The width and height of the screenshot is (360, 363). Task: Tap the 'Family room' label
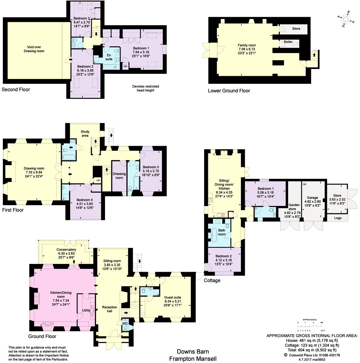click(247, 45)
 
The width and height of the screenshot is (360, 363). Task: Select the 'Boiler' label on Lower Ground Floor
click(288, 42)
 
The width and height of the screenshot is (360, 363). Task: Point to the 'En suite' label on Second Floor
click(109, 57)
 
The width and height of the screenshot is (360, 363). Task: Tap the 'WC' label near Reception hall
click(125, 323)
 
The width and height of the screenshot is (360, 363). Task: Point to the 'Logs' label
click(338, 218)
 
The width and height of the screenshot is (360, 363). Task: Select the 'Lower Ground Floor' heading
click(229, 91)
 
